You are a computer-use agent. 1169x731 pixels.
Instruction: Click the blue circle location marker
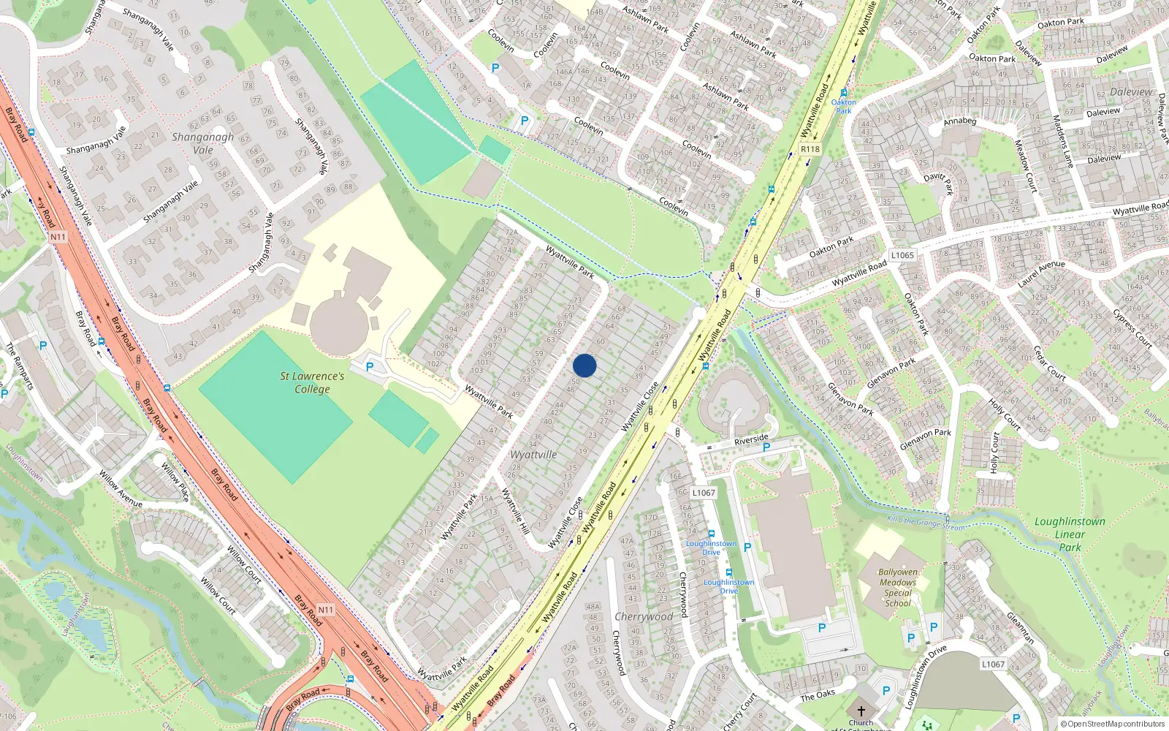584,365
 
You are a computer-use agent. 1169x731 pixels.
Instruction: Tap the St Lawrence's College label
312,382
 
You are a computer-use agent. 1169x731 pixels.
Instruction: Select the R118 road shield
810,149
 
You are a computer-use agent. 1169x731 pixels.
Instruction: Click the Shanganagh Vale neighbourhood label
203,143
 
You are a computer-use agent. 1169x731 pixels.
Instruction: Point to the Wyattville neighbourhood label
533,455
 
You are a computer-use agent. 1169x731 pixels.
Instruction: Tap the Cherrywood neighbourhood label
644,616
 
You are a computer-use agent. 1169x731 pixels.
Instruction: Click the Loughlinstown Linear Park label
1070,534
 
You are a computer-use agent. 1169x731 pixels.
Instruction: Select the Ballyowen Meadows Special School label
898,588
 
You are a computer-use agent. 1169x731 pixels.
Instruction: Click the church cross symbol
861,711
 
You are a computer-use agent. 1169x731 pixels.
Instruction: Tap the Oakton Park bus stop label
844,106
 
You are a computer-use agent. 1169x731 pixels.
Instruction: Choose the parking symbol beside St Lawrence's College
370,368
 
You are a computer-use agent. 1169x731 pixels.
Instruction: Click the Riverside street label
751,440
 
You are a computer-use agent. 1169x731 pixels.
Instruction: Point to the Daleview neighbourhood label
1131,92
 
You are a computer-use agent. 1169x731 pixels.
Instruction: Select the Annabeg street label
959,121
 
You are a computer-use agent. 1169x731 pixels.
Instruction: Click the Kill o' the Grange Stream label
926,523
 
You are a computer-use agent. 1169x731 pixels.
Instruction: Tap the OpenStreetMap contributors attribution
1113,724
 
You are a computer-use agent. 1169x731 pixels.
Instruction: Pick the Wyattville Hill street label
515,510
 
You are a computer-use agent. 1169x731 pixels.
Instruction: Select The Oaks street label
818,694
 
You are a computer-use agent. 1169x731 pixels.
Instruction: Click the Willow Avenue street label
121,490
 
